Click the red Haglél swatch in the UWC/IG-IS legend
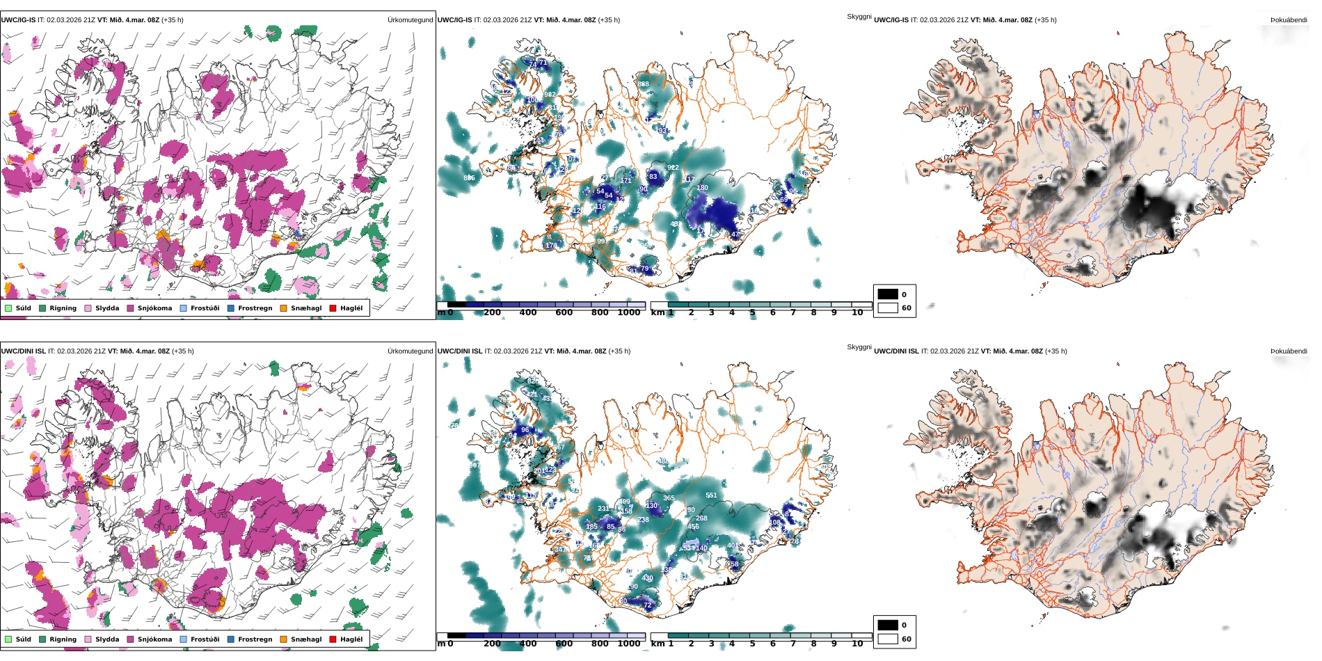pos(333,308)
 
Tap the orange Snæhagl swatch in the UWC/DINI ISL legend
pos(283,639)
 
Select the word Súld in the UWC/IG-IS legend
pos(23,308)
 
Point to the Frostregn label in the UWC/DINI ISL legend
pos(255,639)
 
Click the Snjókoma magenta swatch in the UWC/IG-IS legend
pos(130,308)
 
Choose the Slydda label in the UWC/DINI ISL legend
pos(107,639)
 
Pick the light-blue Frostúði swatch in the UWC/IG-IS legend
pos(184,308)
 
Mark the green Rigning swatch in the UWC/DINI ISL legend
pos(42,639)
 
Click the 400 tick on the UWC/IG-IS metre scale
pos(528,312)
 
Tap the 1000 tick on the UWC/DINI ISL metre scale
pos(629,644)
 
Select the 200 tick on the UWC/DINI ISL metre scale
pos(492,644)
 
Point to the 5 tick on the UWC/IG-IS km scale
pos(752,312)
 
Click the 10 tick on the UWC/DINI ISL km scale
pos(857,644)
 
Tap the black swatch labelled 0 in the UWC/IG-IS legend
pos(888,294)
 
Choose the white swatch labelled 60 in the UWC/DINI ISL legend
pos(888,639)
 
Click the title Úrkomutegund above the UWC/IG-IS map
pos(410,20)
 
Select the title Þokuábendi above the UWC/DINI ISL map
pos(1289,351)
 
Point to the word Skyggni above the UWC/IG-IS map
pos(859,17)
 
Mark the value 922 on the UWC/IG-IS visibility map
pos(673,168)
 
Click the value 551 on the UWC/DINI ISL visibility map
pos(711,495)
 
